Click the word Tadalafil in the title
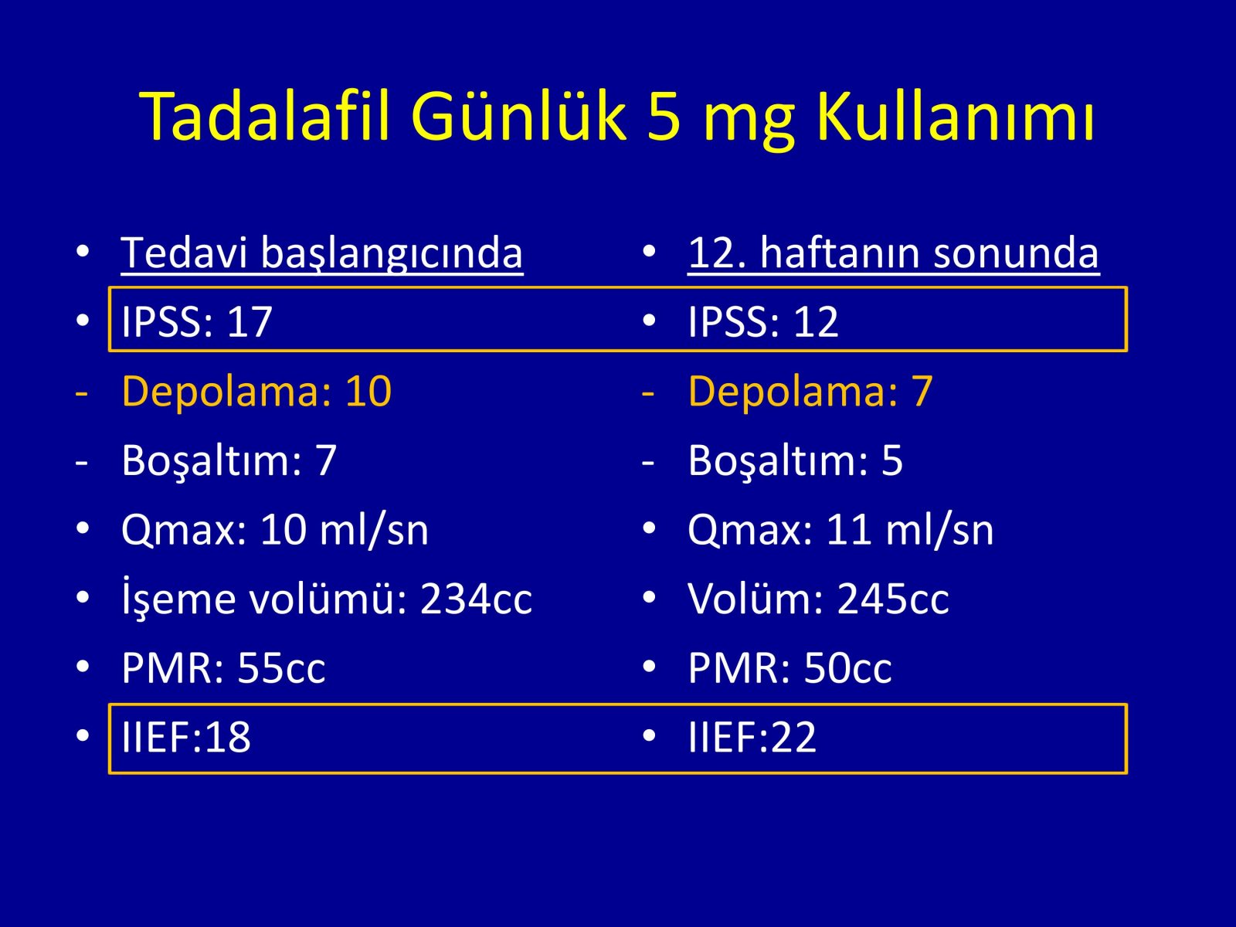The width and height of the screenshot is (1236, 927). coord(265,117)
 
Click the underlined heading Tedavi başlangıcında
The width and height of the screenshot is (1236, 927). coord(322,254)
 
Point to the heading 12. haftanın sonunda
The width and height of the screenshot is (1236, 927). coord(893,253)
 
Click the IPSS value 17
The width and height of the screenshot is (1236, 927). coord(250,322)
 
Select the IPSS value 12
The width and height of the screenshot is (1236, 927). coord(816,322)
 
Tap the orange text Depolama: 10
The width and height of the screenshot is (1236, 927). coord(256,391)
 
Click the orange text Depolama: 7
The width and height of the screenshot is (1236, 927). coord(810,391)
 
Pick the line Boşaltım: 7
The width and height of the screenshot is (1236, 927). coord(229,461)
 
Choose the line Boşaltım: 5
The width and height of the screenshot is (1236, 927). coord(795,461)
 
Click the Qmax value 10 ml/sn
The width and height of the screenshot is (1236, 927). coord(344,530)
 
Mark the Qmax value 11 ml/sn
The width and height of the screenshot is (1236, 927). coord(910,530)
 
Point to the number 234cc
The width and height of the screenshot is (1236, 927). coord(476,598)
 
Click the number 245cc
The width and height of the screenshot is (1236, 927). coord(893,598)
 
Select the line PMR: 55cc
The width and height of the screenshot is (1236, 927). coord(223,667)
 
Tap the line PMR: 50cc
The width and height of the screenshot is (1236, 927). coord(790,667)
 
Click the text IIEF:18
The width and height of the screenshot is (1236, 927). coord(186,737)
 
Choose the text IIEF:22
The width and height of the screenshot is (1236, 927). coord(752,737)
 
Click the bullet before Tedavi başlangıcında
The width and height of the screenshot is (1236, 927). coord(83,252)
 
